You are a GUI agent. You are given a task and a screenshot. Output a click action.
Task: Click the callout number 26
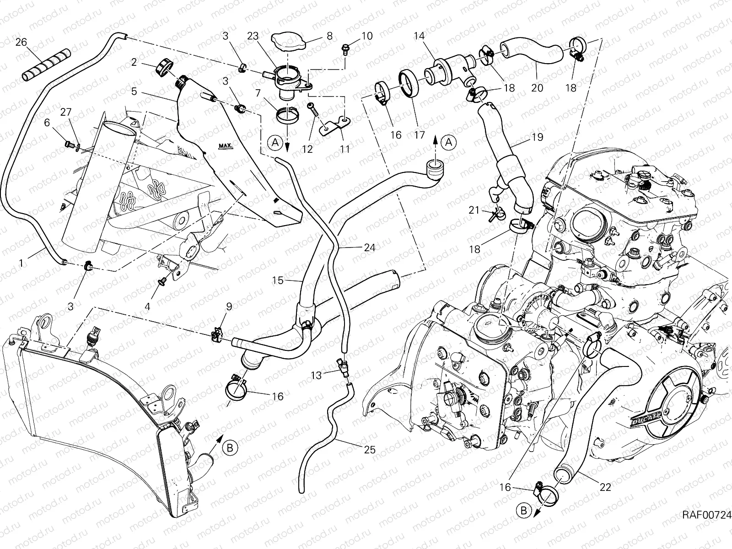coord(22,42)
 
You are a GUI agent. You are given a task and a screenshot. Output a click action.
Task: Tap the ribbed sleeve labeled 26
coord(44,67)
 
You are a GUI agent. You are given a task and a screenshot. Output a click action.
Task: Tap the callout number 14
coord(420,36)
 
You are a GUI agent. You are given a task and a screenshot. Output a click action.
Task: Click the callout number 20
coord(537,87)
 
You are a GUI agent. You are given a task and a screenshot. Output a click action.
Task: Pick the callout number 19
coord(538,137)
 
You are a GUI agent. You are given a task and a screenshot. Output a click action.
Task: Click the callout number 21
coord(474,210)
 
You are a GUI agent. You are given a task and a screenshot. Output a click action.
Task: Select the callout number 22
coord(605,487)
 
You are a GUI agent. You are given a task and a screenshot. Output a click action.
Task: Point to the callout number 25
coord(369,450)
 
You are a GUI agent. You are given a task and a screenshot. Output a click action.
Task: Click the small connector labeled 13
coord(343,365)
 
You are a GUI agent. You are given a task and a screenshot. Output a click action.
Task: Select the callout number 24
coord(369,248)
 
